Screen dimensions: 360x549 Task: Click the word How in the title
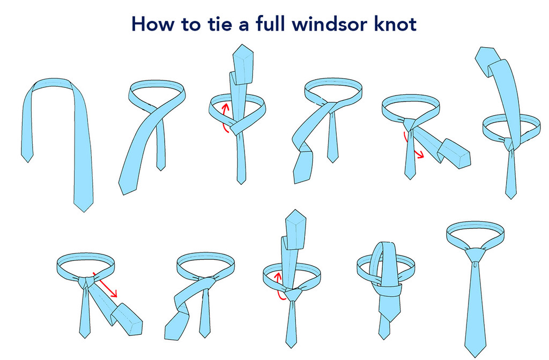152,25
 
